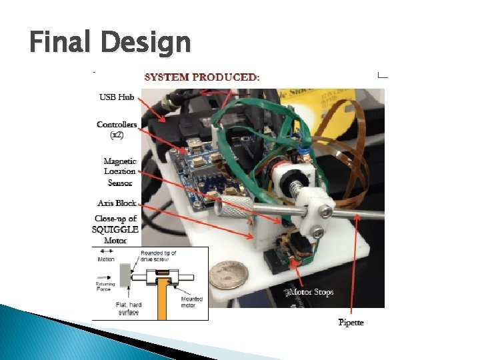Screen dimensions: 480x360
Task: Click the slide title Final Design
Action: click(x=110, y=43)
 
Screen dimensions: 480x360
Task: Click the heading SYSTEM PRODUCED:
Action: click(x=203, y=77)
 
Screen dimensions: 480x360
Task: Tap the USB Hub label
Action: click(x=117, y=97)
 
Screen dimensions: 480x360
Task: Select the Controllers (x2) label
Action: click(x=117, y=129)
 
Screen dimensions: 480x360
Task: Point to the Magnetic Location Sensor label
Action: click(x=120, y=171)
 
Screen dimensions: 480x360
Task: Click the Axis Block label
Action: click(x=117, y=203)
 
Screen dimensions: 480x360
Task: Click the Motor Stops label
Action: click(x=311, y=292)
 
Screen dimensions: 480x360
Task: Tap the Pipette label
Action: click(x=351, y=323)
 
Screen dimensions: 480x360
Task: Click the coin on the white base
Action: click(x=223, y=274)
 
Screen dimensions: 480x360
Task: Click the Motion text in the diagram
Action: click(x=107, y=260)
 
